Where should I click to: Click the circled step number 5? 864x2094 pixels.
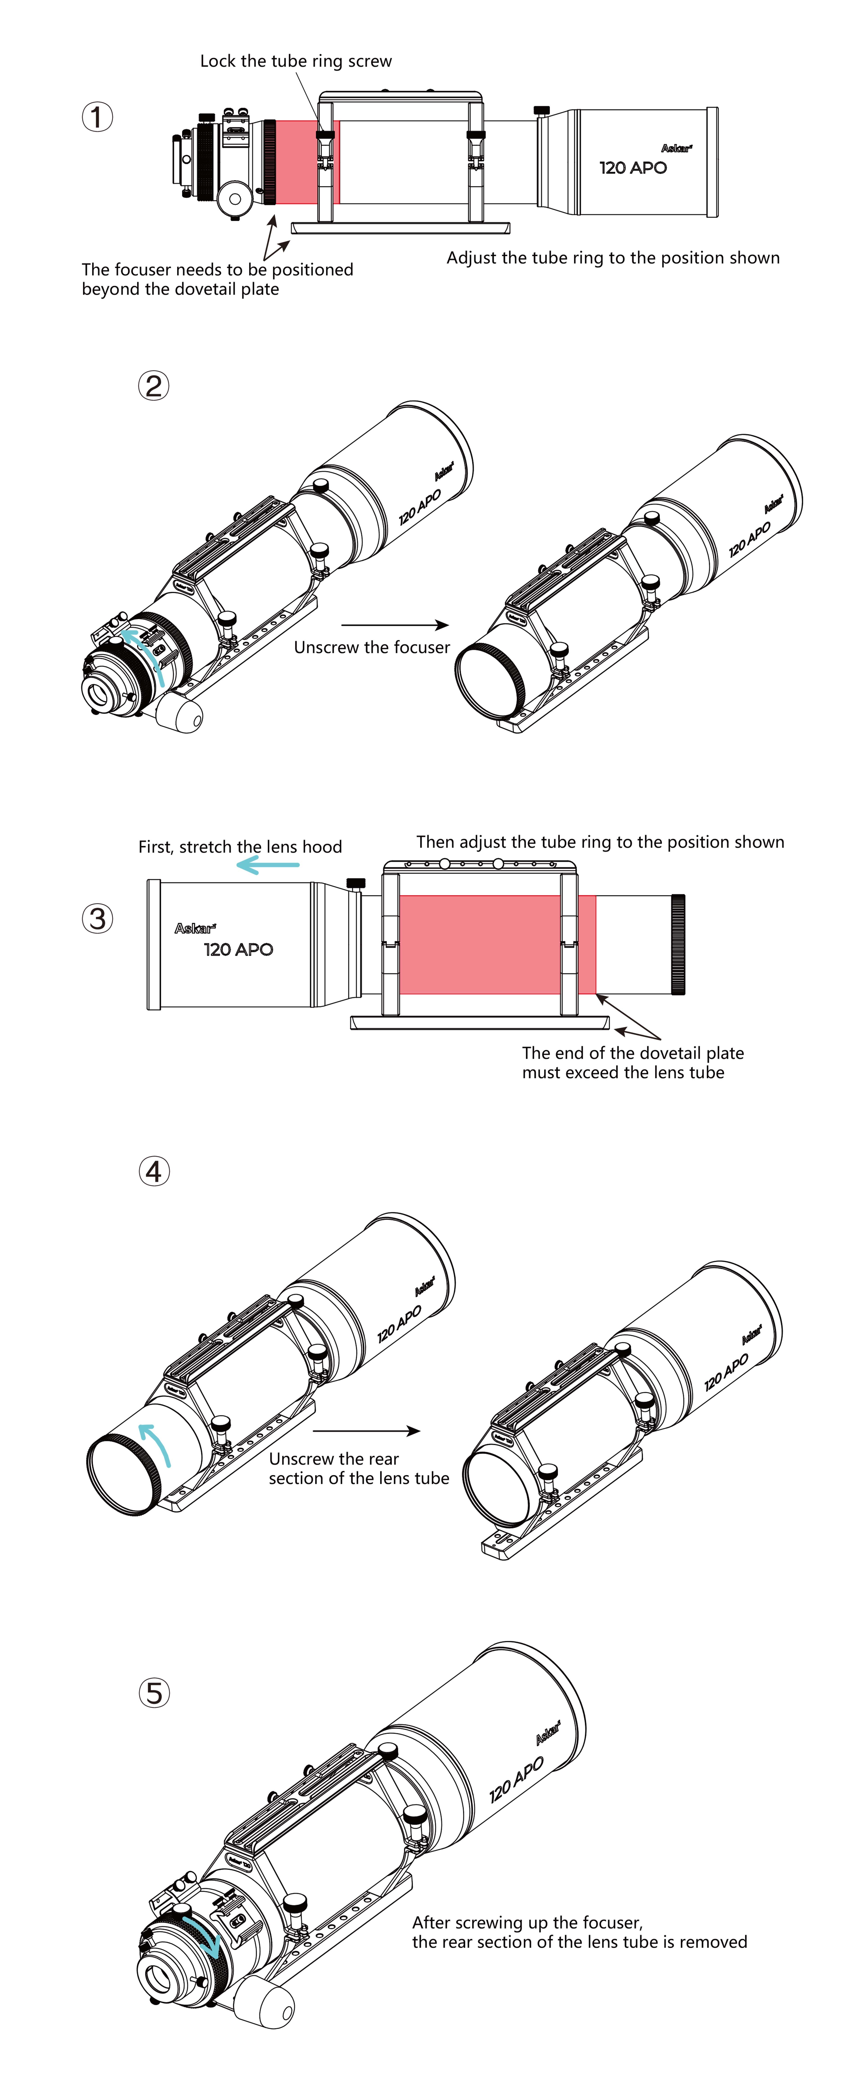coord(154,1693)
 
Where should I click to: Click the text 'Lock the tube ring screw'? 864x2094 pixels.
coord(296,61)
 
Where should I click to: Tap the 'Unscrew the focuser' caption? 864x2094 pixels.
coord(371,647)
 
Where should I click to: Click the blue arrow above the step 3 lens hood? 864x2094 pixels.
coord(268,866)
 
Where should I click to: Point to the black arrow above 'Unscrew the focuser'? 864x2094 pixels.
coord(395,625)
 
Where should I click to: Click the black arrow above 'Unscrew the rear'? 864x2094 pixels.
coord(366,1431)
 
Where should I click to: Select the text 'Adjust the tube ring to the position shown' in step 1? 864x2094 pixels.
coord(613,258)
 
